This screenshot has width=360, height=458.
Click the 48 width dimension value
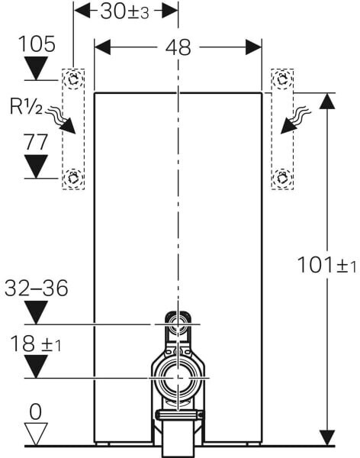(178, 47)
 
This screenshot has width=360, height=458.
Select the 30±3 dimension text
(124, 12)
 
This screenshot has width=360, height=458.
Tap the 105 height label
(37, 44)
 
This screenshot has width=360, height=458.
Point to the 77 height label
(36, 142)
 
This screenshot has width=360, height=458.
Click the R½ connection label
(26, 106)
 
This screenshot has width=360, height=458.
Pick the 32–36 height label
(36, 288)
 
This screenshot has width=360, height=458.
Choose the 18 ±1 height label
(36, 343)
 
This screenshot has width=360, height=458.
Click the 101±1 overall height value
(326, 265)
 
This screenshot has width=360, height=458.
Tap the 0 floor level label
(36, 412)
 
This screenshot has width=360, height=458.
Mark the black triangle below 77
(36, 166)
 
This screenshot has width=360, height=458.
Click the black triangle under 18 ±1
(36, 366)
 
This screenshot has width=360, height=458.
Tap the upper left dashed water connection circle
(73, 79)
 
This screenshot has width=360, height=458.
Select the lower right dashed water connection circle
(282, 178)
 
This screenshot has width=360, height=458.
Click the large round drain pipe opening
(178, 379)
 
